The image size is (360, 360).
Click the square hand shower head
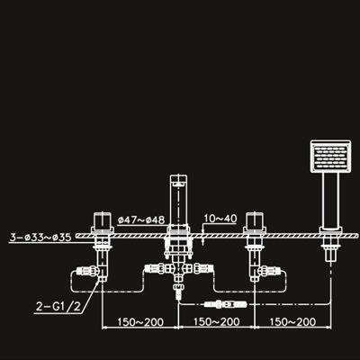(x=330, y=157)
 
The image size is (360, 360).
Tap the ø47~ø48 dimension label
(x=141, y=220)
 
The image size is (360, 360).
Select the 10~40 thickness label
(x=220, y=219)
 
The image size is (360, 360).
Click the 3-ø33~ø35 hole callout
(x=40, y=238)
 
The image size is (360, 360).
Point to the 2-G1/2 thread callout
(x=58, y=307)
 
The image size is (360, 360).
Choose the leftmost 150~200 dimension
(x=140, y=322)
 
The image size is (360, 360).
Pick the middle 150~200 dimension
(x=217, y=322)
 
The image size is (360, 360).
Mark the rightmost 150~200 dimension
(x=292, y=322)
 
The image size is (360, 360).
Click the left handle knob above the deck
(x=103, y=220)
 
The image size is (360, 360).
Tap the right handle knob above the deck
(x=255, y=220)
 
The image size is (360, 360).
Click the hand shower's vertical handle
(x=330, y=200)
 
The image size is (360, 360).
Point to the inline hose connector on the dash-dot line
(x=225, y=304)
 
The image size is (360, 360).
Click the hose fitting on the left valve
(x=87, y=271)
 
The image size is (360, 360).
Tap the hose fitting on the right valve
(x=269, y=270)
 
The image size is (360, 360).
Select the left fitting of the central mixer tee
(x=155, y=268)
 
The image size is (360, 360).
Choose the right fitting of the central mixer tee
(x=203, y=268)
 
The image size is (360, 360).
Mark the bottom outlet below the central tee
(x=178, y=290)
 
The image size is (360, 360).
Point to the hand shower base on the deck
(x=330, y=229)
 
